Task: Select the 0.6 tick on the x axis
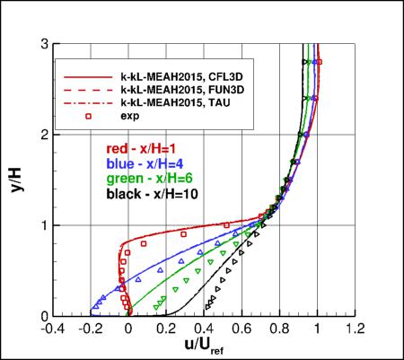pos(242,328)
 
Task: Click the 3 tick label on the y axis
pos(43,43)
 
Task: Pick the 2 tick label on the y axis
pos(43,134)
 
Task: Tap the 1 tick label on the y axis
pos(43,225)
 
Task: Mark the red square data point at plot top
pos(319,62)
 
